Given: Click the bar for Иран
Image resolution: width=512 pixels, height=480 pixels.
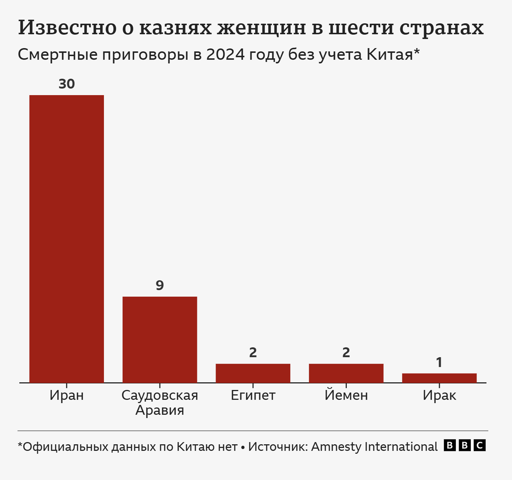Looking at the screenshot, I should coord(67,239).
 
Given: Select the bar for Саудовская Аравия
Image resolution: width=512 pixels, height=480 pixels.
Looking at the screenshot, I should coord(160,339).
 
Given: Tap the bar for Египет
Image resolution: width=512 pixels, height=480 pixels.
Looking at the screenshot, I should coord(253,373).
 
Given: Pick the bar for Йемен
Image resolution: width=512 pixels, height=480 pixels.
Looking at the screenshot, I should coord(346,373).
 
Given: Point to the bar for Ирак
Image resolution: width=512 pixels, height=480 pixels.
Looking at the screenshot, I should coord(439,378).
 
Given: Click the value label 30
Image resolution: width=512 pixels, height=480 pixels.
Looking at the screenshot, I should coord(67,84).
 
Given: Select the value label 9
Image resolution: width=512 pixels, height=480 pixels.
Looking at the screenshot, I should coord(160,285).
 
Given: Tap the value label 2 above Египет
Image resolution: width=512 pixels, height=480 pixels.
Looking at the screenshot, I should coord(253,352).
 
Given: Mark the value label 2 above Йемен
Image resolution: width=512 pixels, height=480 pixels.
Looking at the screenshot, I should coord(346,352).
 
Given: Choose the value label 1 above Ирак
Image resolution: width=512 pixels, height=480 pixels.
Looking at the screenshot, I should coord(439,362).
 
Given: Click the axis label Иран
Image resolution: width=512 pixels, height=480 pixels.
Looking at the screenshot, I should coord(67,395).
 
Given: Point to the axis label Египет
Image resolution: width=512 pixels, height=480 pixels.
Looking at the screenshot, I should coord(253,395).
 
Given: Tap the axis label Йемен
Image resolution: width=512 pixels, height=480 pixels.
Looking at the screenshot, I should coord(346,395).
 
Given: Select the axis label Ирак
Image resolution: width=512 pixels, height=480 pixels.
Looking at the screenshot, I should coord(439,395).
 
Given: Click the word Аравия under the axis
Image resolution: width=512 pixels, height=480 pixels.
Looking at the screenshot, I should coord(160,410).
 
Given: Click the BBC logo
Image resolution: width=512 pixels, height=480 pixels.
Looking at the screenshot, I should coord(465,445).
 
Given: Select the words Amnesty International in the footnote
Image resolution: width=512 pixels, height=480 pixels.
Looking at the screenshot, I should coord(374,446).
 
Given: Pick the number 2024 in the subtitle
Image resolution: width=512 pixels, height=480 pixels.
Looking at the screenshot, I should coord(225,55).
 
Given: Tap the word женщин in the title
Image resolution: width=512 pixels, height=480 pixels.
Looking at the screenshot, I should coord(261,28).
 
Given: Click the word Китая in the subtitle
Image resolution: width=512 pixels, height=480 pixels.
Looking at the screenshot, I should coord(389,55).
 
